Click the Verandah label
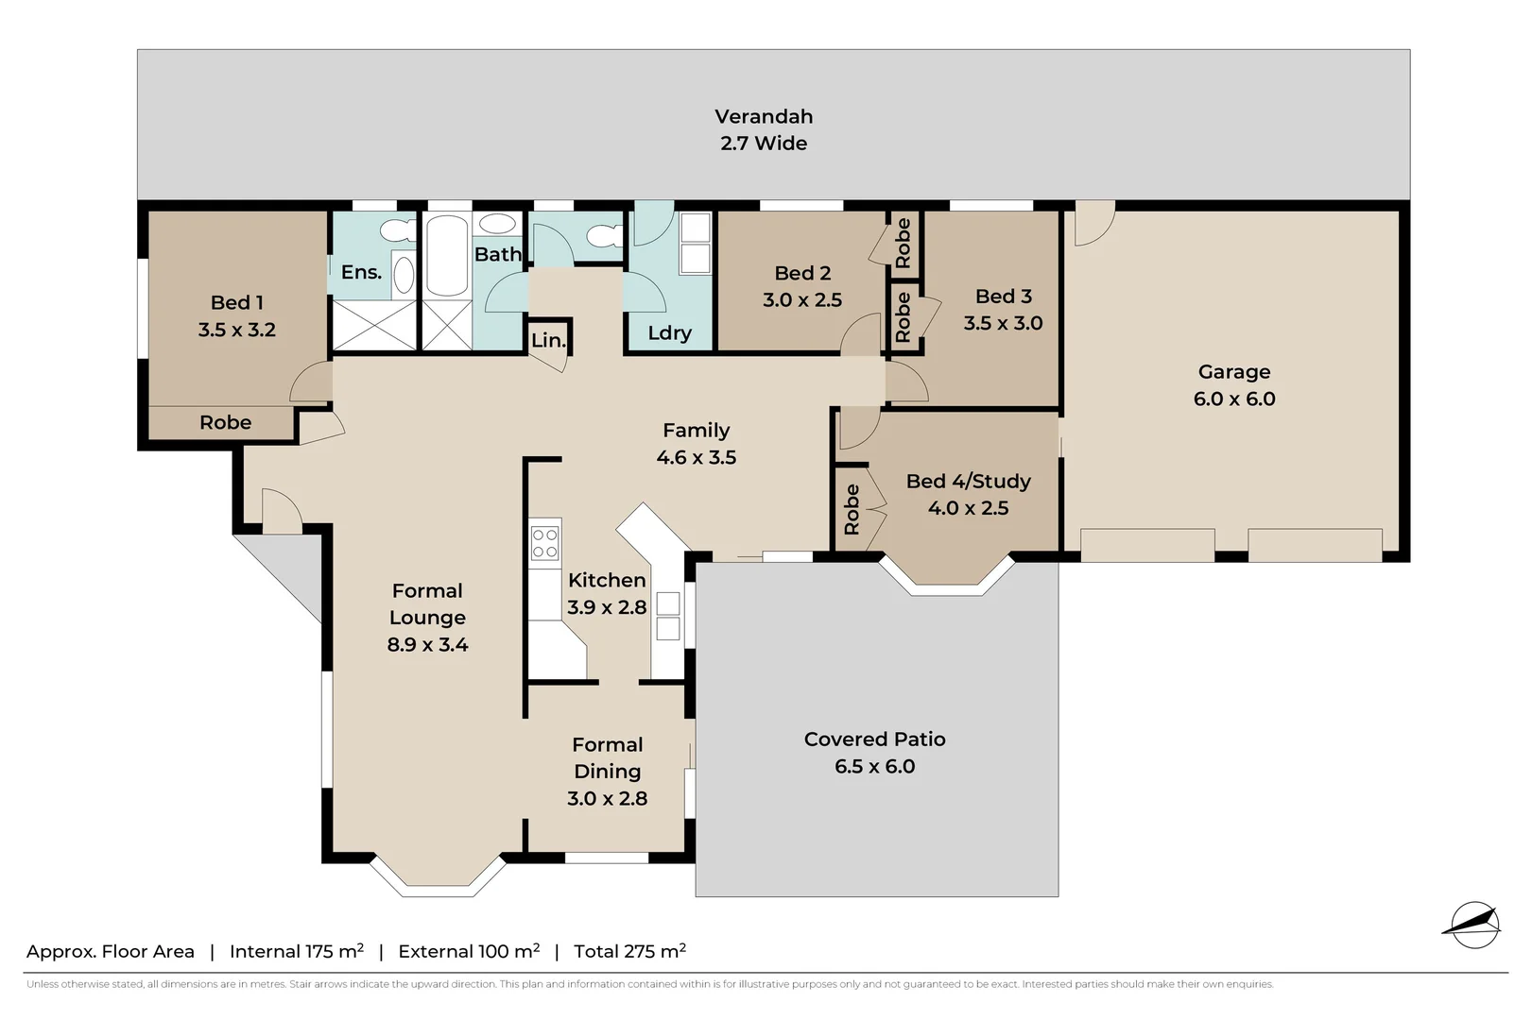[x=763, y=117]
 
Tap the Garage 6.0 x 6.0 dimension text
[x=1233, y=399]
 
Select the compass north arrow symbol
[x=1472, y=925]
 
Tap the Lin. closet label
[x=547, y=340]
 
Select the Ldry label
[x=669, y=332]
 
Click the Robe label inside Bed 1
[x=225, y=422]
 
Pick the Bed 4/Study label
[x=968, y=481]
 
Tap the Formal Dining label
[x=607, y=757]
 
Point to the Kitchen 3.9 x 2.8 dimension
[x=606, y=607]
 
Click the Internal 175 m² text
[x=296, y=951]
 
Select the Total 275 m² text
[x=629, y=951]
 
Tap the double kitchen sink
[x=667, y=616]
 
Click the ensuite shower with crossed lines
[x=375, y=326]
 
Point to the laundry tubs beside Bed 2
[x=695, y=243]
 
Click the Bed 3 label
[x=1003, y=297]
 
